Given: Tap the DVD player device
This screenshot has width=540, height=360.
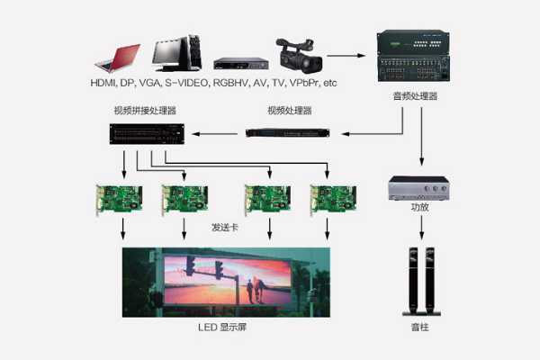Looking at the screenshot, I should point(241,63).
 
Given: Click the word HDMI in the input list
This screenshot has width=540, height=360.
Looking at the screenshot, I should point(104,83).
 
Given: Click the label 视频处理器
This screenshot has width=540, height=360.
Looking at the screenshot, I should point(289,111).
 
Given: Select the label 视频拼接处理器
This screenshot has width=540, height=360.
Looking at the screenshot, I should point(145,111).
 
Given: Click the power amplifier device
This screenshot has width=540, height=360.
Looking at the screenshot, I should point(419,186).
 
